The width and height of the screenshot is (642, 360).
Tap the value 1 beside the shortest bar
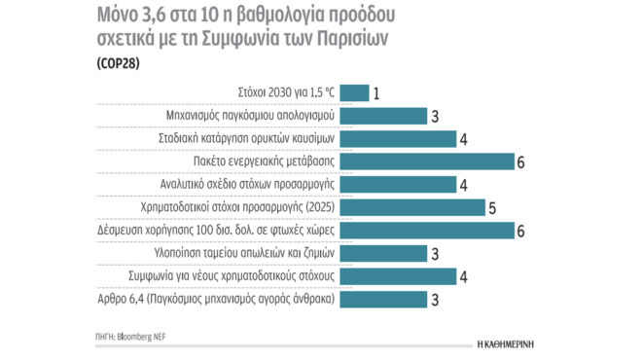coord(375,93)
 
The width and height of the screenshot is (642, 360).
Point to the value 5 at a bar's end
coord(492,207)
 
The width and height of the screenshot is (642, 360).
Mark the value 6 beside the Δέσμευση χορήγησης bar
coord(521,231)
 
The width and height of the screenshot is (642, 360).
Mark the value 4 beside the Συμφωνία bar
coord(463,276)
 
